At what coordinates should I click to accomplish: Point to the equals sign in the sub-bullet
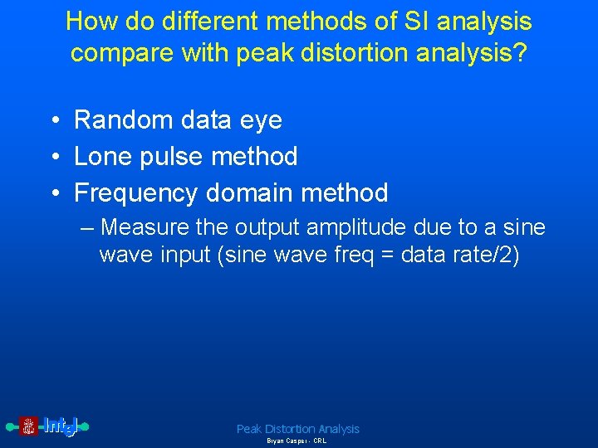tap(386, 255)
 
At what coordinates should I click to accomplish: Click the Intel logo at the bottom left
tap(47, 426)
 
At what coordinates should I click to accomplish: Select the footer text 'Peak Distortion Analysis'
tap(298, 429)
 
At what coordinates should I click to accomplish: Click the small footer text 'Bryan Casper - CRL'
tap(297, 441)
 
